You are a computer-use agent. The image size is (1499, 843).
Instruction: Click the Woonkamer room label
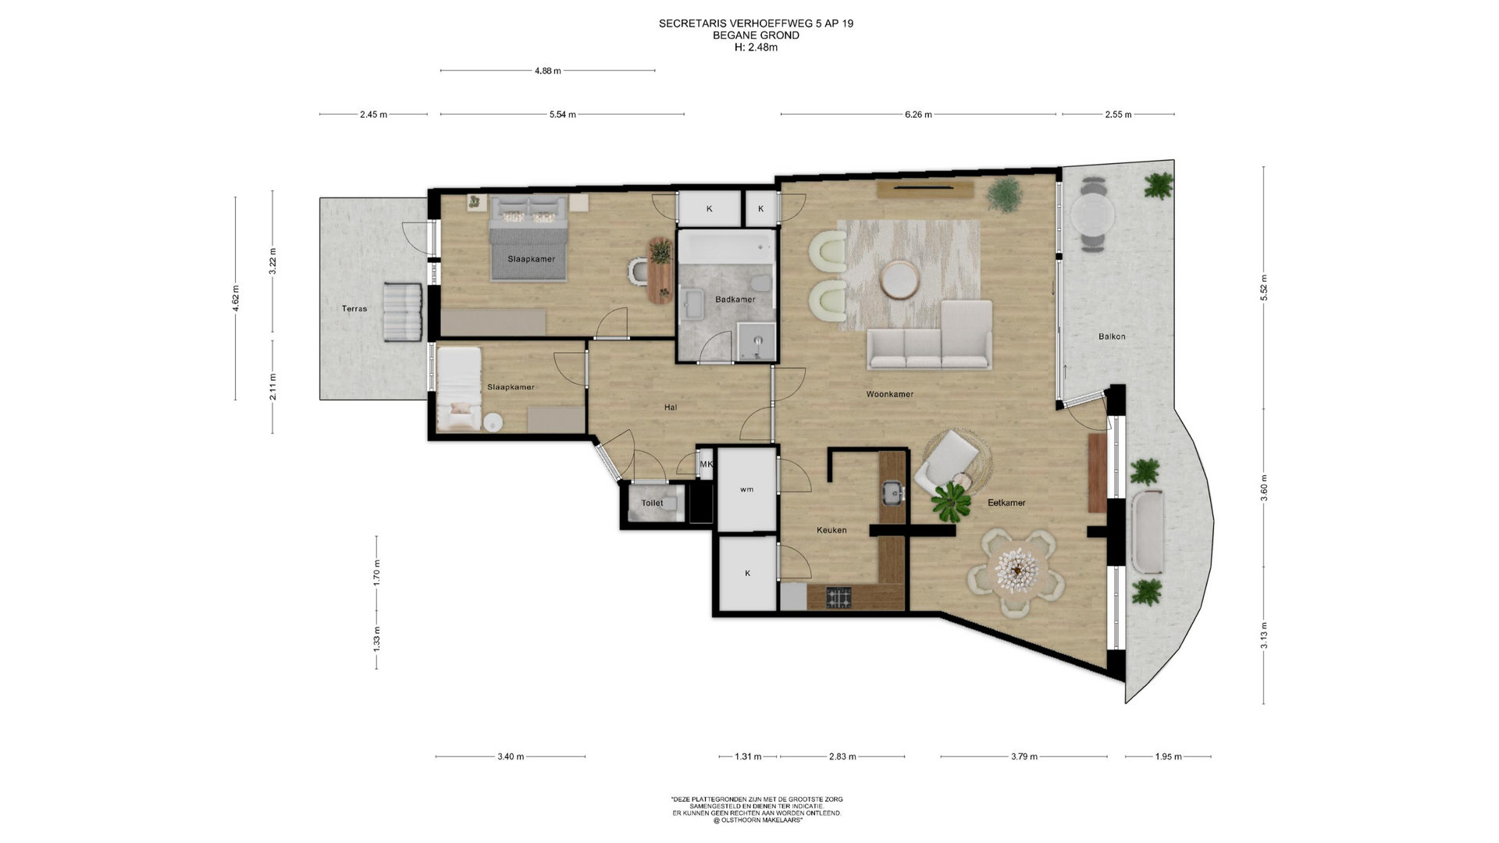(x=889, y=394)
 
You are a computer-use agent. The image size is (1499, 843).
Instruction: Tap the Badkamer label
(x=735, y=299)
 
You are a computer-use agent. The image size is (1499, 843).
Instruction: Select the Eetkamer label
(x=1006, y=503)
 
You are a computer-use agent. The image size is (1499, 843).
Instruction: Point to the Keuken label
(x=831, y=530)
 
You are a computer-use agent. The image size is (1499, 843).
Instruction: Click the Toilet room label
(x=652, y=503)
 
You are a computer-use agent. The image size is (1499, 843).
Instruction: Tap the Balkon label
(x=1112, y=336)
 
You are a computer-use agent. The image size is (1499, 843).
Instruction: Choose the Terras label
(x=354, y=308)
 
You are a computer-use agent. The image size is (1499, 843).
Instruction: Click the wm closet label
(x=747, y=489)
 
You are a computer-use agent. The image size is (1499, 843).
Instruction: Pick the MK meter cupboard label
(x=706, y=464)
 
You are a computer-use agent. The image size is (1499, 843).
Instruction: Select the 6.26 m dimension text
(x=918, y=114)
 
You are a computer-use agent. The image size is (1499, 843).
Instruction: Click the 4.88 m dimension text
(x=547, y=70)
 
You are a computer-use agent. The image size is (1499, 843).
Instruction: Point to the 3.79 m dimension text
(x=1024, y=756)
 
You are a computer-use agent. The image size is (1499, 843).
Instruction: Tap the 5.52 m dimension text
(x=1263, y=287)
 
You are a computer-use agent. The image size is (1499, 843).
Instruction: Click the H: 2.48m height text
(x=756, y=47)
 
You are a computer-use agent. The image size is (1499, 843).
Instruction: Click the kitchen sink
(x=892, y=492)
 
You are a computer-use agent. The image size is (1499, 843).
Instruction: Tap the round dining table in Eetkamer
(x=1014, y=571)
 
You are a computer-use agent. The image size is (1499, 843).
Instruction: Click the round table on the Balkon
(x=1093, y=212)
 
